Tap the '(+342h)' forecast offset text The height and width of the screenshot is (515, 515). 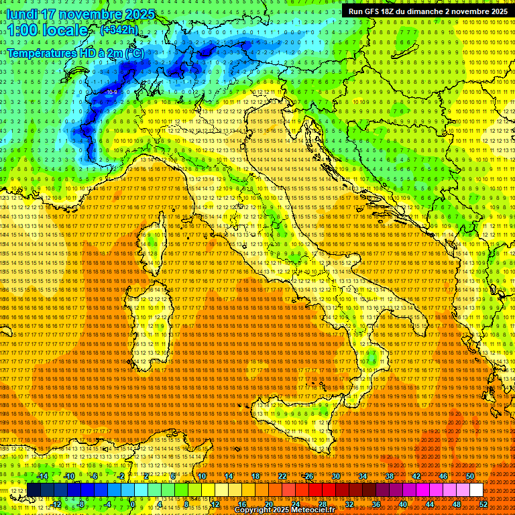point(119,30)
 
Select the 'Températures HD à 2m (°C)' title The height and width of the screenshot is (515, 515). point(75,52)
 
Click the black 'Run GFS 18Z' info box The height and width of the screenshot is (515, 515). point(427,11)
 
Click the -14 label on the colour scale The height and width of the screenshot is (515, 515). point(44,476)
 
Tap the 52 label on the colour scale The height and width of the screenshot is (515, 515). point(483,504)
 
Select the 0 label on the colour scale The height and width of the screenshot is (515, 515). point(133,504)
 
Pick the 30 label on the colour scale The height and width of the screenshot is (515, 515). point(336,476)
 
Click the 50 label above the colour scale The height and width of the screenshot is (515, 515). point(470,476)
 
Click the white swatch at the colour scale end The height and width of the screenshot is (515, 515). point(476,490)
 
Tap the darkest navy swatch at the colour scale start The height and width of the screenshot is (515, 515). point(34,490)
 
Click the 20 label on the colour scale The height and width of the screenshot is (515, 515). point(269,504)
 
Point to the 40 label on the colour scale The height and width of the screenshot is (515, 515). point(403,504)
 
